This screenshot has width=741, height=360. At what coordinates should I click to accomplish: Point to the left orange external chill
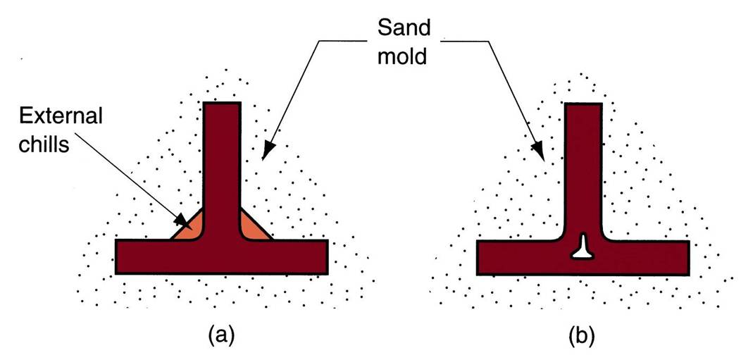pyautogui.click(x=189, y=226)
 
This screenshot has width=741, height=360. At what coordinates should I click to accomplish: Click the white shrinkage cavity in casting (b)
pyautogui.click(x=583, y=247)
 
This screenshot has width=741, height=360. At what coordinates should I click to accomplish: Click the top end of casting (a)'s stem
pyautogui.click(x=222, y=107)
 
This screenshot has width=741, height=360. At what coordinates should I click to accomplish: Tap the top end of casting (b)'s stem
pyautogui.click(x=583, y=108)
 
